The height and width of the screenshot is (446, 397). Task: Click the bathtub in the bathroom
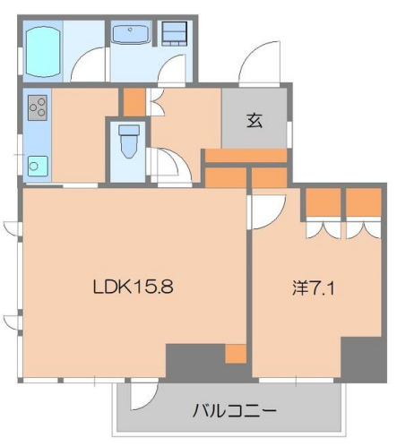click(x=42, y=51)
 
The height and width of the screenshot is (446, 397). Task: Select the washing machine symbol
click(x=174, y=34)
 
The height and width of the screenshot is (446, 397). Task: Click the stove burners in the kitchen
click(x=39, y=108)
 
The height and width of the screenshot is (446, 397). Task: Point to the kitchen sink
click(x=39, y=165)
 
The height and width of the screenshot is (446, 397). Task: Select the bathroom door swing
click(x=90, y=68)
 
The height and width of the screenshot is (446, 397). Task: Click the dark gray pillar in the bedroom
click(x=364, y=358)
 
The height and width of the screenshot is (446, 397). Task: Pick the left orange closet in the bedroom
click(x=321, y=202)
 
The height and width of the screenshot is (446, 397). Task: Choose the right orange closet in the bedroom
click(x=363, y=202)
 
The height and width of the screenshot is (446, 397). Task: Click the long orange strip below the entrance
click(x=246, y=156)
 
